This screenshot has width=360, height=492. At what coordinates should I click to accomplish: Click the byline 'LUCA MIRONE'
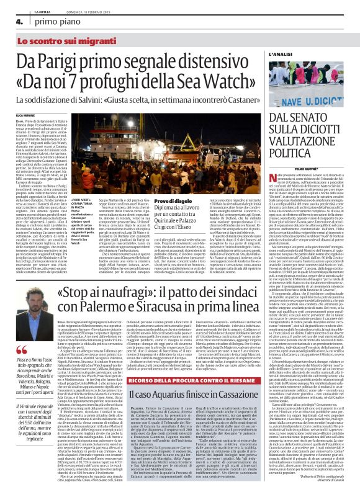25,115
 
